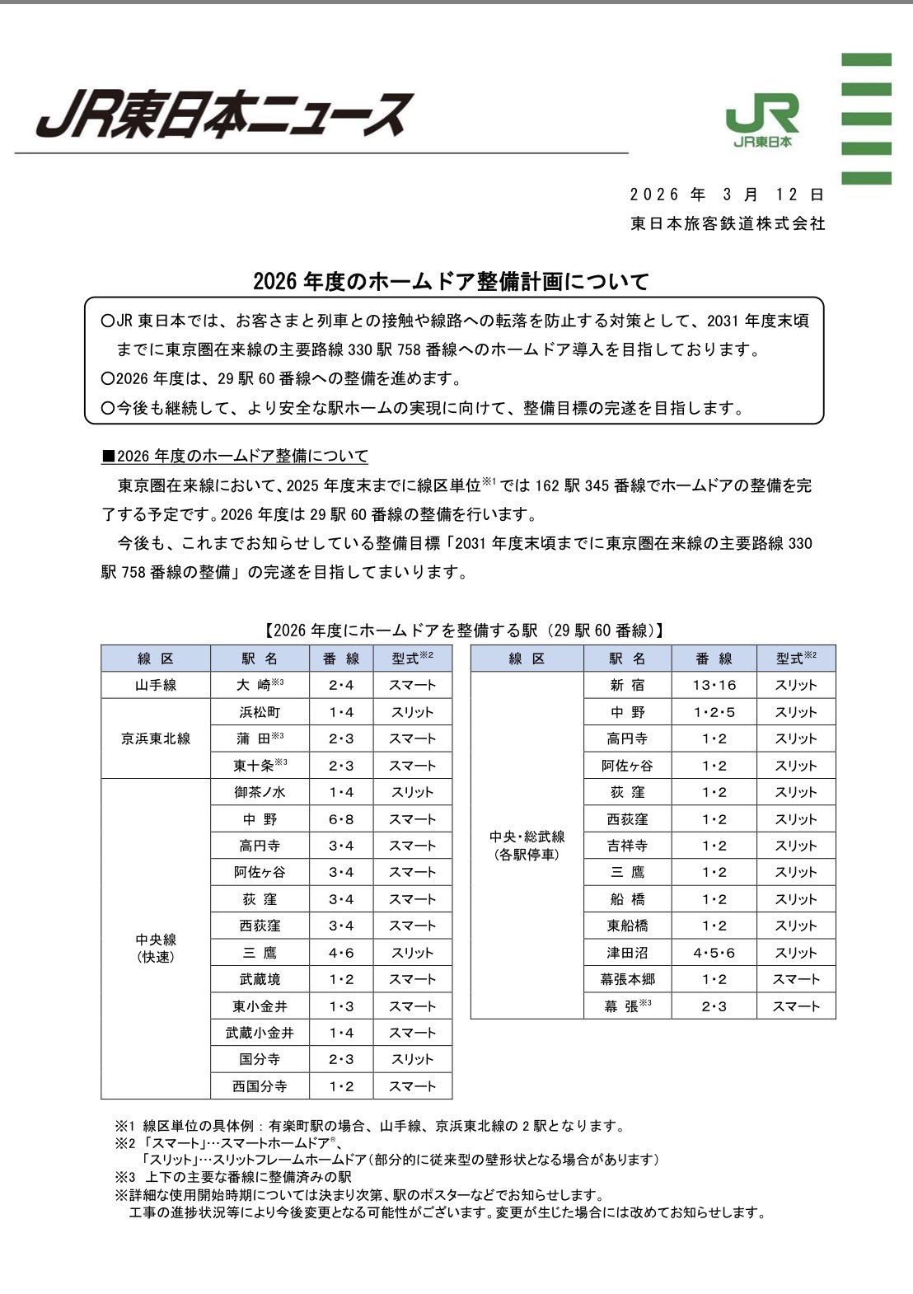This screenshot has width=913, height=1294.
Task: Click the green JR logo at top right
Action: point(762,120)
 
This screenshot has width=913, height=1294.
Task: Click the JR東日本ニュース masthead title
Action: point(222,114)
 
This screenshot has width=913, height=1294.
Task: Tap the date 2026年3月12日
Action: point(727,195)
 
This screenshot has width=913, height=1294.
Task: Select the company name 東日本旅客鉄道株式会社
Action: point(728,223)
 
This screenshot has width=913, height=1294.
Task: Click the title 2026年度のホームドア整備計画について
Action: point(451,281)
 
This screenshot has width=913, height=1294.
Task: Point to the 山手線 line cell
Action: point(156,685)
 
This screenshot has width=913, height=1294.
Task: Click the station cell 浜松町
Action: point(260,712)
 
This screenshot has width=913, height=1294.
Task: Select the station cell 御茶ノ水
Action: point(260,792)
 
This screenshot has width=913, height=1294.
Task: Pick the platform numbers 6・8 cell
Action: point(341,819)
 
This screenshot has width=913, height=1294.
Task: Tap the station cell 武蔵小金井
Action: point(260,1033)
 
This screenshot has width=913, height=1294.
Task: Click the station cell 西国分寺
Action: point(260,1086)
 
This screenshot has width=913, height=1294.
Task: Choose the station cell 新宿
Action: point(628,685)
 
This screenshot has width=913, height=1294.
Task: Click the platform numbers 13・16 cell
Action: point(714,685)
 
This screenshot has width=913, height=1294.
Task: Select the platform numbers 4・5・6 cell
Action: point(714,953)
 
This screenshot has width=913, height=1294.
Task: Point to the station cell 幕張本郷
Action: point(628,979)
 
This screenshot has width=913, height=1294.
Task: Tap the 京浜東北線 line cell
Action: point(156,738)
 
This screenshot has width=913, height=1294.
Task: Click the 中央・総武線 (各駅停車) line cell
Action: point(527,846)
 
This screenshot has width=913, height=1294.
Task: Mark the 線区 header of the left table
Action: point(156,659)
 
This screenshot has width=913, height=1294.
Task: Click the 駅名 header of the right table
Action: point(628,659)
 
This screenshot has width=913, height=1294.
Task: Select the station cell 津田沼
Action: point(628,953)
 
